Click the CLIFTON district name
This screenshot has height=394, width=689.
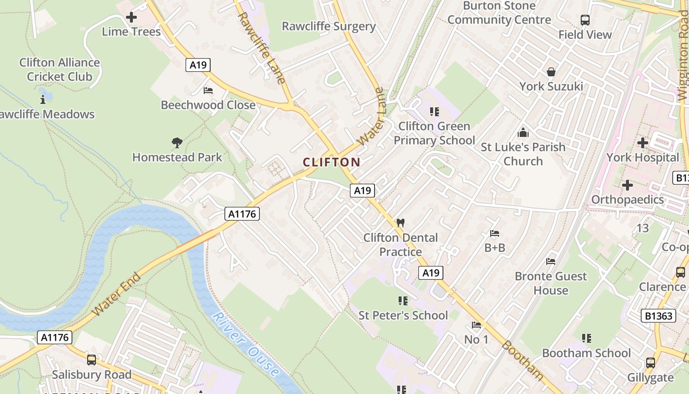coord(332,162)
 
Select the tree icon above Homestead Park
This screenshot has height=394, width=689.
coord(177,143)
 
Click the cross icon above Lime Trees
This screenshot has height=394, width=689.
coord(131,17)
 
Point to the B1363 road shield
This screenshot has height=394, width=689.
coord(658,316)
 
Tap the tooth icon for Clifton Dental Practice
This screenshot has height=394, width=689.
coord(401,223)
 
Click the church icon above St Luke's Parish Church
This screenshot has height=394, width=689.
coord(523,132)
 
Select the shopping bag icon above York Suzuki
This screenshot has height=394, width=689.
coord(551,72)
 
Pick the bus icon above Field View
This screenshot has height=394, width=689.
coord(585,20)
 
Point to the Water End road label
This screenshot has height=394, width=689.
coord(117,294)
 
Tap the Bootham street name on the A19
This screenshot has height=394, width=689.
coord(523,360)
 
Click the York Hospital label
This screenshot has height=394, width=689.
coord(642,158)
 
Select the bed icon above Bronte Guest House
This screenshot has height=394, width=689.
coord(551,262)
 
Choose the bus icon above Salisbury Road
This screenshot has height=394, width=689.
coord(92,360)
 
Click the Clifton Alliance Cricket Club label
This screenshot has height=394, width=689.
coord(60,69)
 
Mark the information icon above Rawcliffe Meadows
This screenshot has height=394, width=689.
coord(43,100)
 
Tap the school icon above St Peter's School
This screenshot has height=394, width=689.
coord(403,300)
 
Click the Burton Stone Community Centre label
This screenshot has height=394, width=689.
coord(499,13)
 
